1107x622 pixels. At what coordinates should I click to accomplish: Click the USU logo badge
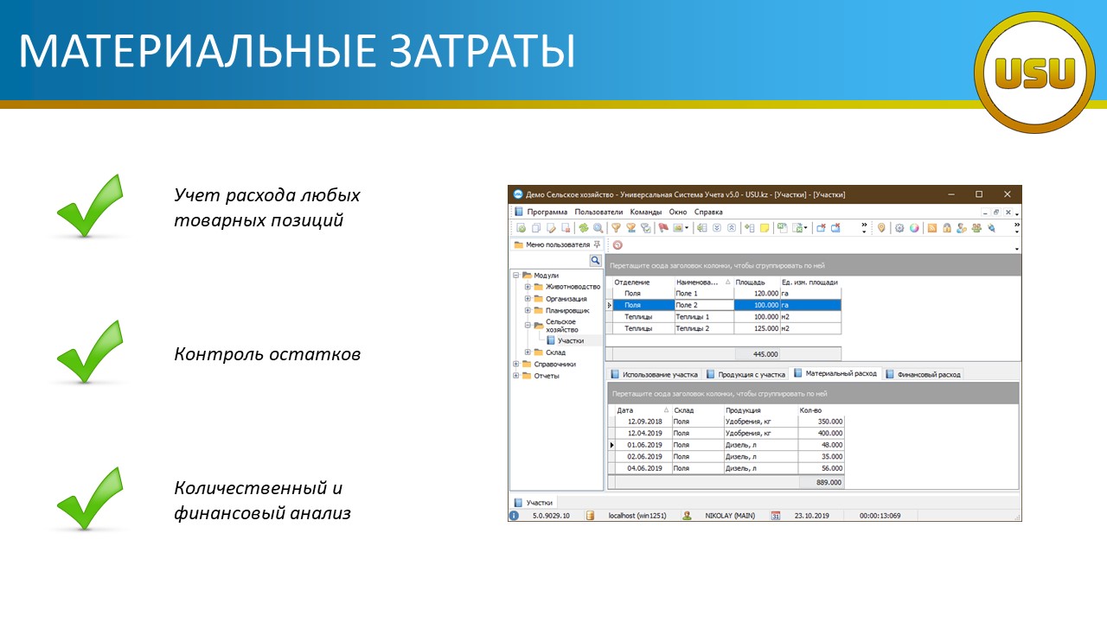(x=1034, y=72)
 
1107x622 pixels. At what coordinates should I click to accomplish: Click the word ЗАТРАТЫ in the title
(x=482, y=51)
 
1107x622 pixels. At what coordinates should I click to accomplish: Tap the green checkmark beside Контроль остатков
(x=90, y=352)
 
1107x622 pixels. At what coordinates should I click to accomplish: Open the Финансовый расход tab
(x=924, y=375)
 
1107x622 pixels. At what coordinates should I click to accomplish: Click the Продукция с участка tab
(x=746, y=375)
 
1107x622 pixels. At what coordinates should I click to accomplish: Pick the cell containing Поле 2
(x=704, y=305)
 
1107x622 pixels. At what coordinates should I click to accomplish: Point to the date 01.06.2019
(x=644, y=445)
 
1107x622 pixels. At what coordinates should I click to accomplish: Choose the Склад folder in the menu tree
(x=550, y=352)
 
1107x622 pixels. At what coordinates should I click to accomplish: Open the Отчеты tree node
(x=541, y=376)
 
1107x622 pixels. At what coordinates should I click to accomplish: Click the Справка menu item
(x=708, y=212)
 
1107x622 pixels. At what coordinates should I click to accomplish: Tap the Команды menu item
(x=645, y=212)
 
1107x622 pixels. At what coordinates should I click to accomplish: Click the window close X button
(x=1008, y=194)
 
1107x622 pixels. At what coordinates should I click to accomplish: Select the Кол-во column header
(x=810, y=410)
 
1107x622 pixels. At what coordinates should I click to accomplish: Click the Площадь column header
(x=750, y=282)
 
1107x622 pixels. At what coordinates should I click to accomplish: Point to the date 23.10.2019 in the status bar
(x=811, y=516)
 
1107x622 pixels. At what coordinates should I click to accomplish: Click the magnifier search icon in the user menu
(x=595, y=260)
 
